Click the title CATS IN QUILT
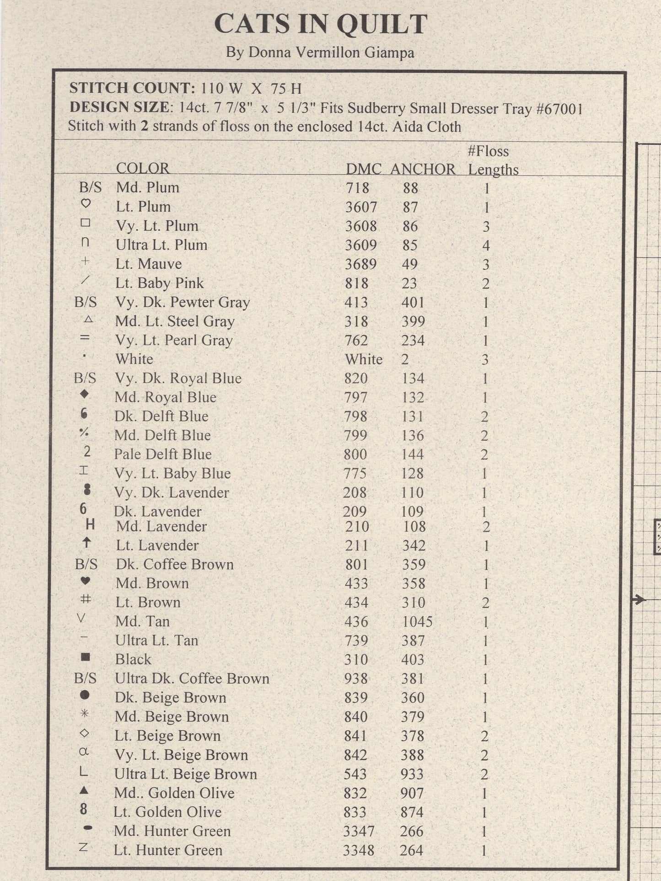[x=321, y=25]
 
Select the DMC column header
[x=363, y=169]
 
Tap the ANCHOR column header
[x=422, y=169]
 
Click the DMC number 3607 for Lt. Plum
[x=361, y=207]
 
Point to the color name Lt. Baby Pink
[x=159, y=283]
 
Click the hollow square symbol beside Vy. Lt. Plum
[x=85, y=223]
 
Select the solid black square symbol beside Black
[x=85, y=657]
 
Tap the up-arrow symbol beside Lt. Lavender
[x=86, y=543]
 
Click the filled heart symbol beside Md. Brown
[x=86, y=581]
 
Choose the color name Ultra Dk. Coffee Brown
[x=192, y=678]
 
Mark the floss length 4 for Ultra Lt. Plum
[x=486, y=246]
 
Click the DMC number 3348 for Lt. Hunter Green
[x=359, y=850]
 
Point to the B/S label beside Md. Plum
[x=90, y=187]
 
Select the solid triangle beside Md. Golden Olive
[x=84, y=790]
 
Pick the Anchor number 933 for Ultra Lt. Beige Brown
[x=412, y=774]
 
